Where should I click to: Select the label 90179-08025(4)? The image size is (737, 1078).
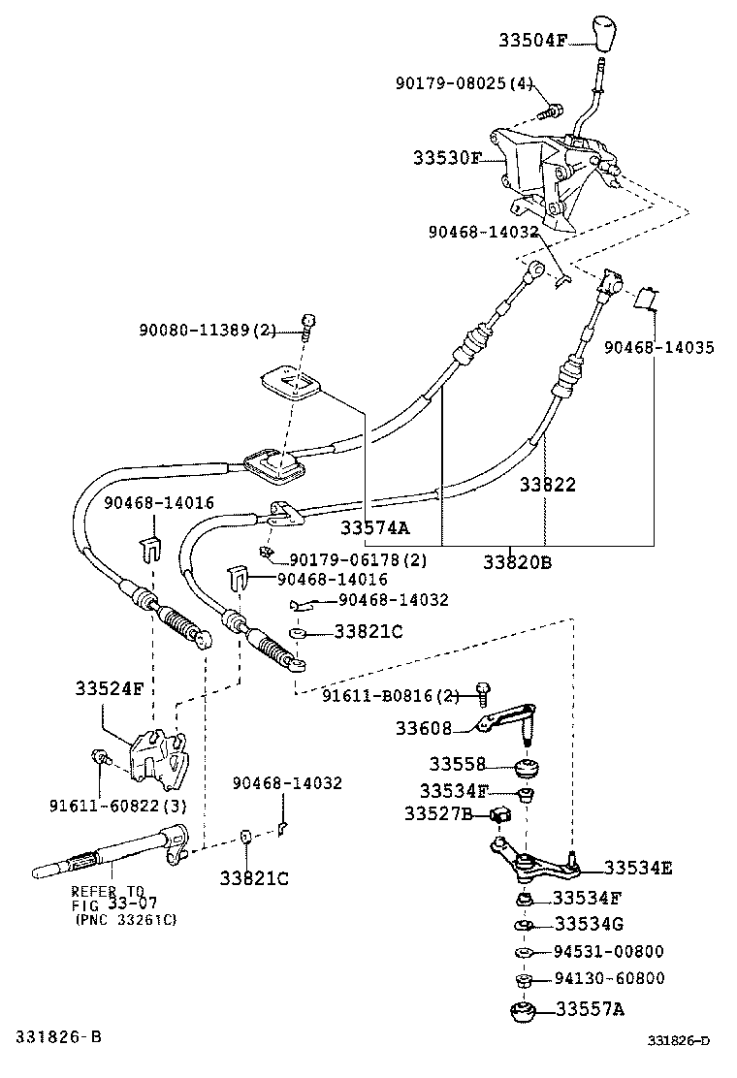click(x=464, y=83)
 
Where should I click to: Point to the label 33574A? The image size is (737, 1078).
click(x=374, y=528)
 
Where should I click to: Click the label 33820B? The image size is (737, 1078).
click(x=518, y=561)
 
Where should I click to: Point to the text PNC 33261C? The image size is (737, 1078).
click(x=125, y=919)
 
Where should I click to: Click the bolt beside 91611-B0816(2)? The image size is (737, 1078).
click(x=482, y=691)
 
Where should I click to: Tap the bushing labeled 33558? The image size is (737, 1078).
click(x=528, y=768)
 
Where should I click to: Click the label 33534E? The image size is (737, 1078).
click(x=637, y=868)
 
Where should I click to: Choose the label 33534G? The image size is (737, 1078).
click(x=588, y=924)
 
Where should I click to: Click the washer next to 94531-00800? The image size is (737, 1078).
click(x=523, y=953)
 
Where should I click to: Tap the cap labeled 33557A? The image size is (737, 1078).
click(x=524, y=1012)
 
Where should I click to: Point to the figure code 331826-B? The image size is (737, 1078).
click(x=57, y=1037)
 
